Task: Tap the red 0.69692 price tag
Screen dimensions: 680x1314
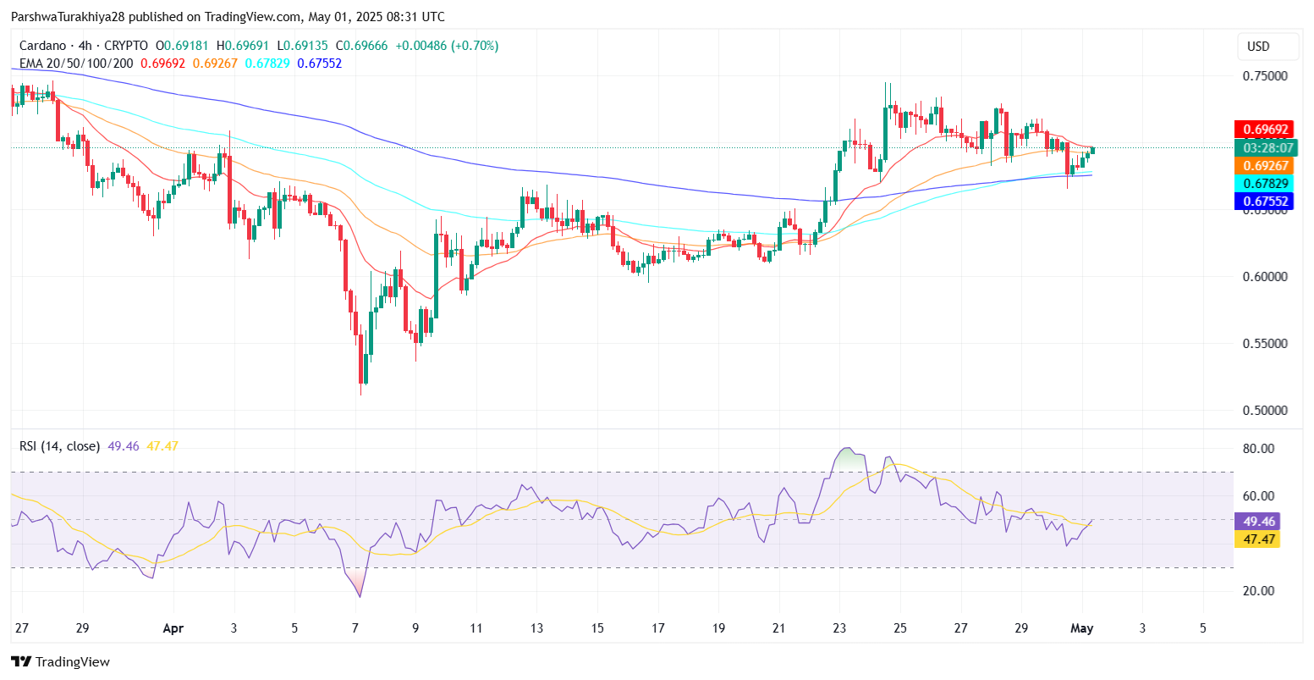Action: point(1266,130)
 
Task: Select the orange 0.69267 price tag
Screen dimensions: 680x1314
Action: point(1266,166)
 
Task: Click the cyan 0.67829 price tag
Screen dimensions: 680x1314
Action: point(1266,184)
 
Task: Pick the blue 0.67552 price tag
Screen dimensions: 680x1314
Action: point(1266,202)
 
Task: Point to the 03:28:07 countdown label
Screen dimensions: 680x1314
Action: point(1266,148)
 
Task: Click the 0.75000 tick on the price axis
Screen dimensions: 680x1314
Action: point(1265,76)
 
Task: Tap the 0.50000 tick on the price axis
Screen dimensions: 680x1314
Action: point(1265,411)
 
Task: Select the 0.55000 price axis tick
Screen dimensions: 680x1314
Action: point(1265,344)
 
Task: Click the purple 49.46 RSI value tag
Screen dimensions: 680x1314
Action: point(1256,522)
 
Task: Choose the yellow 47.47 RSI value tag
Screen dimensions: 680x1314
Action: point(1256,539)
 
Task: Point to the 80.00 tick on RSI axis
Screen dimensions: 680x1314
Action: point(1258,449)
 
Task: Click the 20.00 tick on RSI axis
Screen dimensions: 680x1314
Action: point(1258,591)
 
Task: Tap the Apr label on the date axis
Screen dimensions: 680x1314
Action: point(173,628)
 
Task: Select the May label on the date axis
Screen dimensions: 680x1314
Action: point(1082,628)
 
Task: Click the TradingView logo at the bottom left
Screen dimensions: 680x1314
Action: point(60,662)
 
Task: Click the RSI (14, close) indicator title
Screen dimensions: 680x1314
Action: point(59,446)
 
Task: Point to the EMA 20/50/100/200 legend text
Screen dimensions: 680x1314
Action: point(77,64)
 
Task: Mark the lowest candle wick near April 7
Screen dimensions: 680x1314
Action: point(361,393)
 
